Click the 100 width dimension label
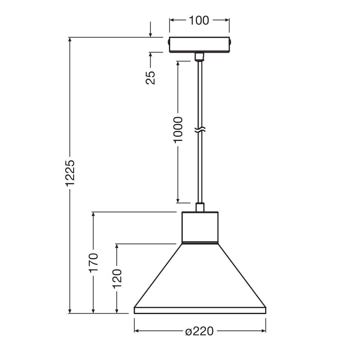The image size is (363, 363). (x=199, y=20)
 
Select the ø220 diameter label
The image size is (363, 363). (x=199, y=331)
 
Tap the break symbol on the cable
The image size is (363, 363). (x=200, y=130)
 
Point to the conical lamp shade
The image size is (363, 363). (x=199, y=276)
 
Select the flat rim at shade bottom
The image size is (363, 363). (x=199, y=310)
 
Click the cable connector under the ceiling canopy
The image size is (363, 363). (x=199, y=56)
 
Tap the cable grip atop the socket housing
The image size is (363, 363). (x=200, y=207)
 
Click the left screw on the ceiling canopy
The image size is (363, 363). (x=168, y=43)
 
